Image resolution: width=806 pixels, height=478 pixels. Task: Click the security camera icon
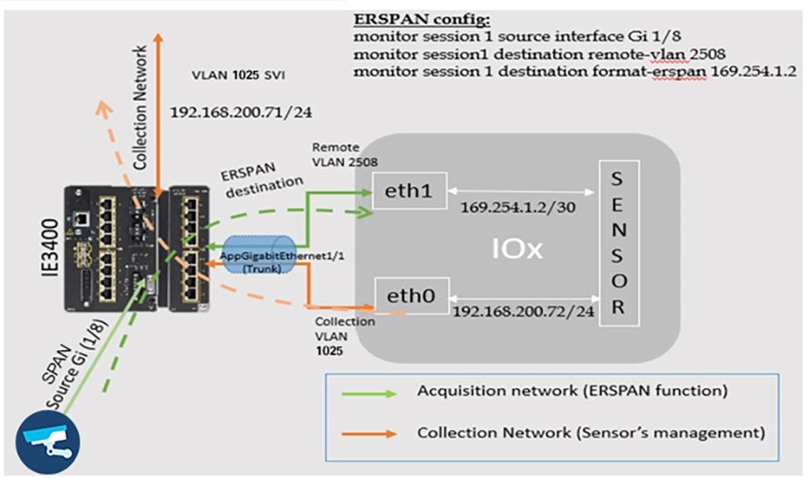coord(48,443)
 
